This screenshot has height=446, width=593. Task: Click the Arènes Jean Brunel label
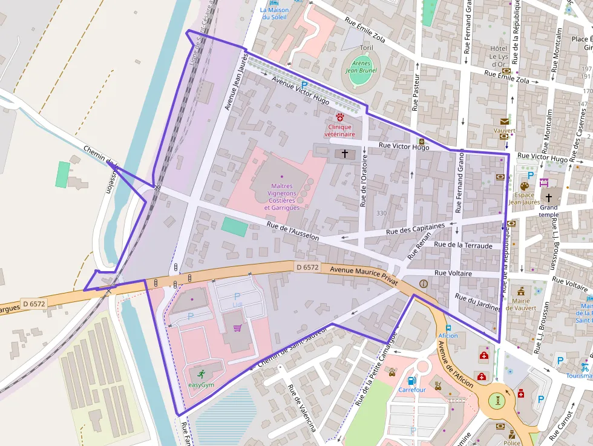click(361, 67)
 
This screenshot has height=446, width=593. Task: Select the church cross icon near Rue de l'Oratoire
click(345, 154)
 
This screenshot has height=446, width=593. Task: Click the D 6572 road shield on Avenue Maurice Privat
click(307, 267)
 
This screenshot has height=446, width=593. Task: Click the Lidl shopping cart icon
click(237, 328)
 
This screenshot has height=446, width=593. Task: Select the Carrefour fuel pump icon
click(411, 381)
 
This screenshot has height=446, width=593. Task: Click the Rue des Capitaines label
click(415, 228)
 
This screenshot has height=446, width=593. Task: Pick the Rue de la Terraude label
click(464, 244)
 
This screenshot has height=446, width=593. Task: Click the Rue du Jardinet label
click(477, 303)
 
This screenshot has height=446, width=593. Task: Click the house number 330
click(381, 213)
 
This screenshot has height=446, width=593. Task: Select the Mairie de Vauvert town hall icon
click(520, 291)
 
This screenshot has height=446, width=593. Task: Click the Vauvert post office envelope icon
click(504, 122)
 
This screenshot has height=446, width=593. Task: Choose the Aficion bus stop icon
click(448, 327)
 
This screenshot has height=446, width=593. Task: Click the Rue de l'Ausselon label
click(292, 232)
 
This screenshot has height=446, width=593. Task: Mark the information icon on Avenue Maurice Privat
click(423, 283)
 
